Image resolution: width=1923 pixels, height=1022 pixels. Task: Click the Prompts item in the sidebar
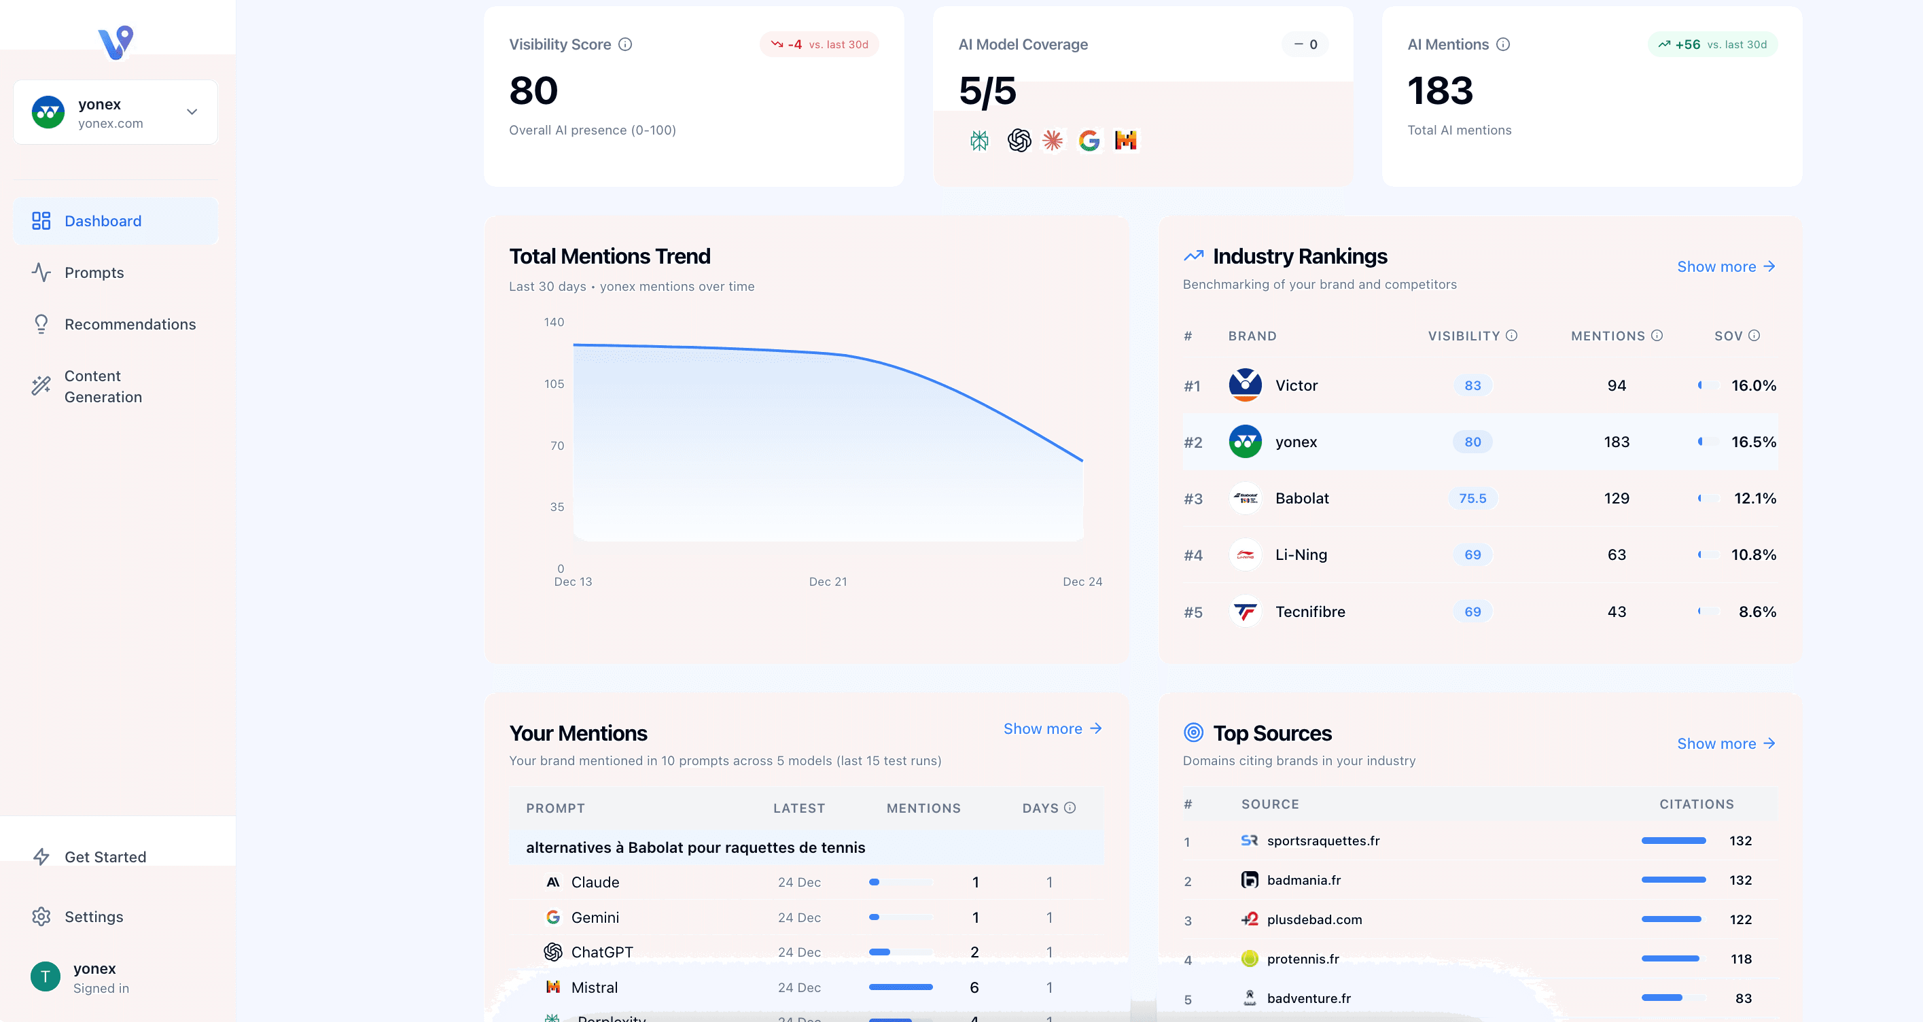click(x=94, y=272)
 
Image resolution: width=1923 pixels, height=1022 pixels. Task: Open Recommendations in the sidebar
click(x=130, y=324)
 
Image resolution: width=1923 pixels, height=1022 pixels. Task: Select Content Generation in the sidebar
click(x=103, y=387)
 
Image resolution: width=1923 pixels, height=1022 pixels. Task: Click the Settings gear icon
click(x=41, y=917)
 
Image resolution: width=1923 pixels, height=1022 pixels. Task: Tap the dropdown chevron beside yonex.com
click(x=192, y=112)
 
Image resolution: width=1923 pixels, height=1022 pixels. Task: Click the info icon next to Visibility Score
click(x=626, y=44)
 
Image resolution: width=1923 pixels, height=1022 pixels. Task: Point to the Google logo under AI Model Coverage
click(x=1089, y=141)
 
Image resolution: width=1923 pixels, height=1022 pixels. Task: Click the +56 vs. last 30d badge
click(x=1712, y=44)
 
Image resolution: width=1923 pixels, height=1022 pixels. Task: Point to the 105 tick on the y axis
click(x=554, y=384)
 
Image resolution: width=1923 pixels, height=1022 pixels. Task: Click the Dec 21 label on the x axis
click(x=828, y=582)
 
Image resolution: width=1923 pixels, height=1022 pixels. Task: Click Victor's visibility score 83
click(x=1472, y=385)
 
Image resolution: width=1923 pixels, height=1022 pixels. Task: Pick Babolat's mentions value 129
click(x=1616, y=498)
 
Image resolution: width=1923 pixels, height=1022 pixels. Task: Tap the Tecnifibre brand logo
click(x=1244, y=612)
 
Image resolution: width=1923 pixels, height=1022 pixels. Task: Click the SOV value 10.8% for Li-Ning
click(x=1753, y=554)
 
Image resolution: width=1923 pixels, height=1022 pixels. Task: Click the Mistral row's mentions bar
click(x=900, y=987)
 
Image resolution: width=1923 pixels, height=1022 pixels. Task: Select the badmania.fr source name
click(x=1303, y=880)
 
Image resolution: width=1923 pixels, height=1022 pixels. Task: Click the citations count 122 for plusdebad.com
click(x=1740, y=919)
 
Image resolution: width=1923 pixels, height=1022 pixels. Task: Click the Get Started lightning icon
click(x=41, y=857)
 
